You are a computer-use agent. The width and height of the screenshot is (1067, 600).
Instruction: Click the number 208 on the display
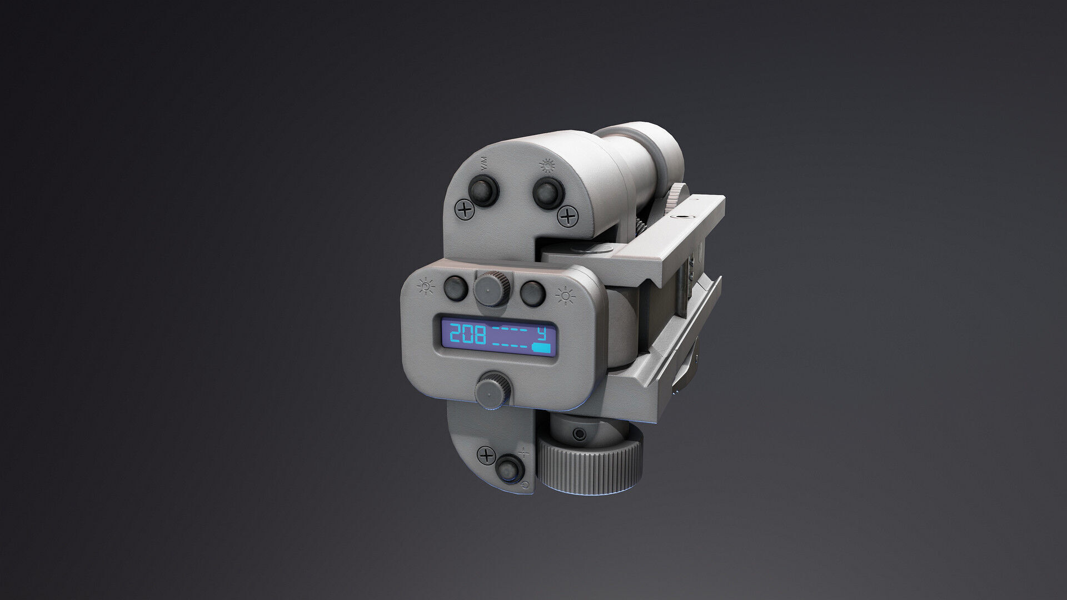click(467, 335)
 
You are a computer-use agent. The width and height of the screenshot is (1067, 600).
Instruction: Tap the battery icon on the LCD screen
click(543, 349)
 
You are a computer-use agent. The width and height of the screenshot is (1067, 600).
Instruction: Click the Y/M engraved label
click(484, 163)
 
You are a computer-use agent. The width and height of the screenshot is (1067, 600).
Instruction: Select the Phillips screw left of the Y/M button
click(464, 210)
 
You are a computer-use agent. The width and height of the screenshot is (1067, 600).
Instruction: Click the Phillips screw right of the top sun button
click(567, 216)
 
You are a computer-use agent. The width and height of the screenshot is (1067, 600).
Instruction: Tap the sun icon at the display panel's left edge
click(426, 286)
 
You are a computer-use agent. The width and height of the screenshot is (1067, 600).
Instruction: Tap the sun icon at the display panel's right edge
click(565, 296)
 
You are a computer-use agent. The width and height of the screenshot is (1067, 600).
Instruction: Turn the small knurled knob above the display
click(492, 288)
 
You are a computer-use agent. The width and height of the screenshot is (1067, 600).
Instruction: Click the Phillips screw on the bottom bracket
click(487, 456)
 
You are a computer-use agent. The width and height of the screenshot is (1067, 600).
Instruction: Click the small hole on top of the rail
click(680, 215)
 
